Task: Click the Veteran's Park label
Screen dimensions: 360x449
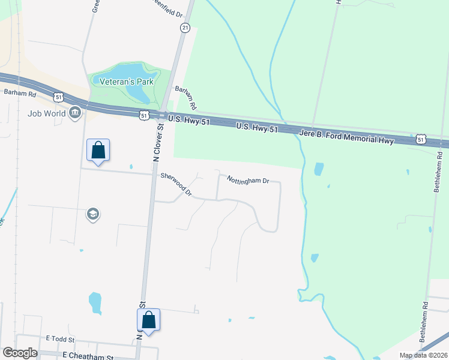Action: (x=127, y=82)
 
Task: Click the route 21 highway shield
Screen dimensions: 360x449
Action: (x=185, y=28)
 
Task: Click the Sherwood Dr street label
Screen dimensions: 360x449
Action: (x=176, y=184)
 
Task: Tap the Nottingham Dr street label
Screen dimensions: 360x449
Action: (x=247, y=179)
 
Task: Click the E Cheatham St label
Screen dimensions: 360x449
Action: (x=88, y=355)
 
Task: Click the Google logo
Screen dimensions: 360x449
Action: (x=20, y=353)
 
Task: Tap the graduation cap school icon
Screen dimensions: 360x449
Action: (x=92, y=214)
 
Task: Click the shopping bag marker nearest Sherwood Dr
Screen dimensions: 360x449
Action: (x=98, y=150)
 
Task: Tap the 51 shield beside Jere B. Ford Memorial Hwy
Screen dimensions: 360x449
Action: (x=421, y=140)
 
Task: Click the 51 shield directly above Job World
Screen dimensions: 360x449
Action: (x=58, y=96)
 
